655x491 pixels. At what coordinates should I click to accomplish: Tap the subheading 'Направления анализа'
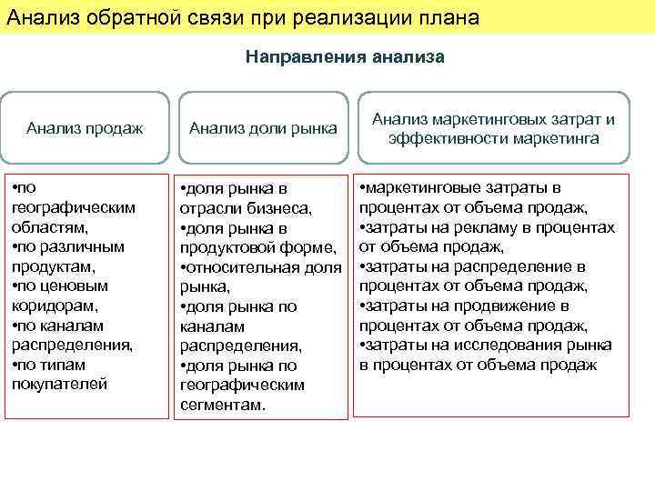[345, 57]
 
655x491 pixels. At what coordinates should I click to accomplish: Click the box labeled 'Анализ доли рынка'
[262, 129]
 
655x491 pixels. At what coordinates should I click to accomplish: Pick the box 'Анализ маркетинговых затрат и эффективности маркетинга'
[493, 129]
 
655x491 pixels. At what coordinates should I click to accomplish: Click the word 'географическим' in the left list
[73, 207]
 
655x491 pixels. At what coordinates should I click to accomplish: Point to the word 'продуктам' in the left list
[53, 266]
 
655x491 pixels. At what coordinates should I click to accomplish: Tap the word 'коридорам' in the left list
[54, 306]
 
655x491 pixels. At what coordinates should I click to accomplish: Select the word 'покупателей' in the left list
[59, 385]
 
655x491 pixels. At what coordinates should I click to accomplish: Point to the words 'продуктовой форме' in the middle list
[258, 248]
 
